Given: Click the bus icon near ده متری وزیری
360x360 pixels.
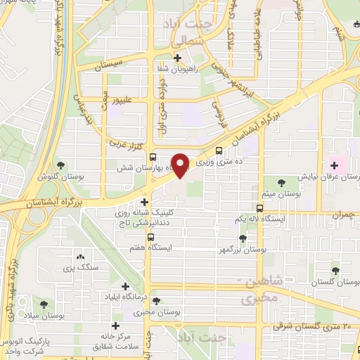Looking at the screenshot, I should click(x=220, y=150).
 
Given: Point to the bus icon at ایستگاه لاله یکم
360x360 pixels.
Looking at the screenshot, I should click(x=260, y=209).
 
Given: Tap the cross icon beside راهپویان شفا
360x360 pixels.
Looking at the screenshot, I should click(x=178, y=58).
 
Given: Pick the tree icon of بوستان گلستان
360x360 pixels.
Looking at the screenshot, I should click(x=335, y=269).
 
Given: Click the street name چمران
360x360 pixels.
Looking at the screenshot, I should click(x=340, y=212).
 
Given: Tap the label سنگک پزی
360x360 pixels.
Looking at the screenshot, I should click(x=79, y=269).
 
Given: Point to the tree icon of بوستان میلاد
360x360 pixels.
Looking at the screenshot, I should click(x=45, y=304).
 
